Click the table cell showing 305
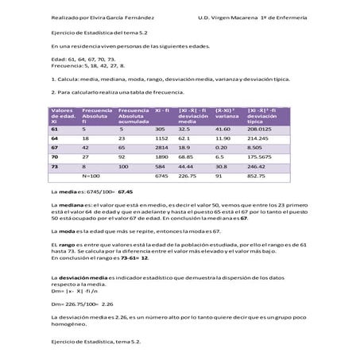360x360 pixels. click(159, 128)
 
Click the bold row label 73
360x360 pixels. click(55, 167)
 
